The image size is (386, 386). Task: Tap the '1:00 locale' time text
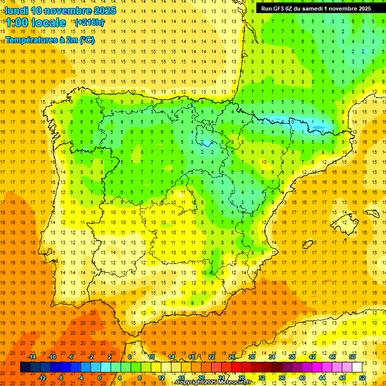pyautogui.click(x=36, y=23)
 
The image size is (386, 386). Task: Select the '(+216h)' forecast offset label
pyautogui.click(x=89, y=22)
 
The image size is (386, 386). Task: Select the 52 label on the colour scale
pyautogui.click(x=362, y=378)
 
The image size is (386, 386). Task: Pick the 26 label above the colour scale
pyautogui.click(x=232, y=357)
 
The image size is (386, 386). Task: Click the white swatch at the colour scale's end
pyautogui.click(x=357, y=367)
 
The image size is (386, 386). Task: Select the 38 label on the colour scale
pyautogui.click(x=292, y=357)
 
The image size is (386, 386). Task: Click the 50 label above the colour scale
pyautogui.click(x=352, y=357)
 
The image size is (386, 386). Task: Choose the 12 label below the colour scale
pyautogui.click(x=161, y=378)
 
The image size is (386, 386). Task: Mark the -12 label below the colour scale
pyautogui.click(x=42, y=378)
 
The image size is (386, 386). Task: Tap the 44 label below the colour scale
pyautogui.click(x=322, y=378)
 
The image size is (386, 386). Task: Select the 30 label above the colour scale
pyautogui.click(x=252, y=357)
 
